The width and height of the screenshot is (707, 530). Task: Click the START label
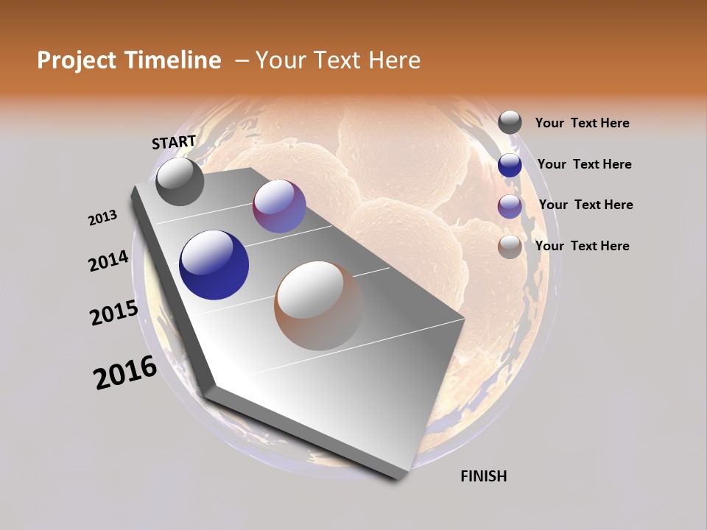tap(174, 142)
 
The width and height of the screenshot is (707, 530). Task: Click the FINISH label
tap(483, 476)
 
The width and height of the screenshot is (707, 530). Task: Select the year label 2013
tap(102, 218)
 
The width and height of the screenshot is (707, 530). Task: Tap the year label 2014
tap(108, 261)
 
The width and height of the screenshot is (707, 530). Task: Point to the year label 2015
tap(114, 313)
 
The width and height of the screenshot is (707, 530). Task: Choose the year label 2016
tap(125, 372)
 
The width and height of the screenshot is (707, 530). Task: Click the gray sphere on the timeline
tap(180, 182)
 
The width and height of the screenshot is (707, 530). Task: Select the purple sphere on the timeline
tap(279, 206)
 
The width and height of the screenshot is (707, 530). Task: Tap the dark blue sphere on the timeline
tap(214, 265)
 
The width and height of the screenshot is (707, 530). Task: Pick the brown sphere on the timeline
tap(319, 305)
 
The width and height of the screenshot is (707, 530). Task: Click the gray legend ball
tap(510, 123)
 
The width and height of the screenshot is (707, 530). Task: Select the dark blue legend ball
tap(510, 165)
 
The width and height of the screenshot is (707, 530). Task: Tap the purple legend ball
tap(510, 206)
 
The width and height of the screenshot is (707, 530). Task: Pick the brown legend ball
tap(510, 247)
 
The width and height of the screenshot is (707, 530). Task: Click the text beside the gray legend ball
tap(582, 124)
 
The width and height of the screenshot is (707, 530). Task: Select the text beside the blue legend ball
tap(584, 164)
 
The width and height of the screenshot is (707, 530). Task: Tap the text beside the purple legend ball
tap(585, 205)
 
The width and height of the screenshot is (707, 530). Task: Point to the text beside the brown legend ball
tap(582, 246)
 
